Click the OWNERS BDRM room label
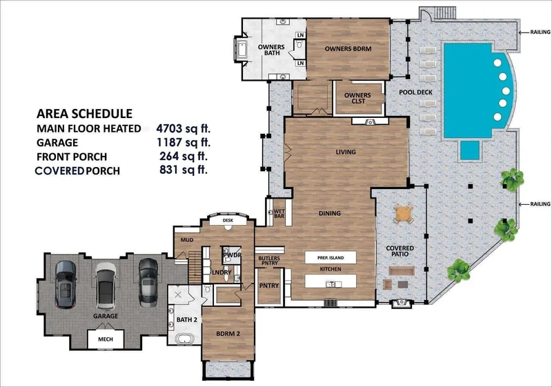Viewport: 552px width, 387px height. pyautogui.click(x=348, y=48)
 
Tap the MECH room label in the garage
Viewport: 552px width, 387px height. pyautogui.click(x=106, y=339)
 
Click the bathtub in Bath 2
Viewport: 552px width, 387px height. pyautogui.click(x=184, y=339)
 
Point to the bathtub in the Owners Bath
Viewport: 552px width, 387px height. pyautogui.click(x=242, y=49)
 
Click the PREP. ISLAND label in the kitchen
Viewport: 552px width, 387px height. pyautogui.click(x=331, y=257)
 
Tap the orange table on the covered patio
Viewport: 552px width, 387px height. pyautogui.click(x=403, y=213)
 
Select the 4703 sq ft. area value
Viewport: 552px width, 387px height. pyautogui.click(x=183, y=128)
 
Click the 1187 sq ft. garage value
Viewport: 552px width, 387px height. pyautogui.click(x=183, y=142)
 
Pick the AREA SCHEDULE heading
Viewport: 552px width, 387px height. pyautogui.click(x=84, y=114)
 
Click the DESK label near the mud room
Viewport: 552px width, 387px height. pyautogui.click(x=228, y=221)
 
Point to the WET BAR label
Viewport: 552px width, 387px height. pyautogui.click(x=279, y=214)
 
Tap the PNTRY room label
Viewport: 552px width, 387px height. pyautogui.click(x=269, y=286)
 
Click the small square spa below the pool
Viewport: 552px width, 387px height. pyautogui.click(x=470, y=150)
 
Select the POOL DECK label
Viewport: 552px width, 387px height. pyautogui.click(x=415, y=92)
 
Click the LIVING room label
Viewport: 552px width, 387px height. pyautogui.click(x=346, y=152)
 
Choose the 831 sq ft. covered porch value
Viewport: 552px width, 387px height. pyautogui.click(x=184, y=170)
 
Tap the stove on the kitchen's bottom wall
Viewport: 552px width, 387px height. pyautogui.click(x=331, y=302)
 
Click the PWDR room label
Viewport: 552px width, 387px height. pyautogui.click(x=232, y=255)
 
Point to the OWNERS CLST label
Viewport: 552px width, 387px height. pyautogui.click(x=357, y=98)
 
